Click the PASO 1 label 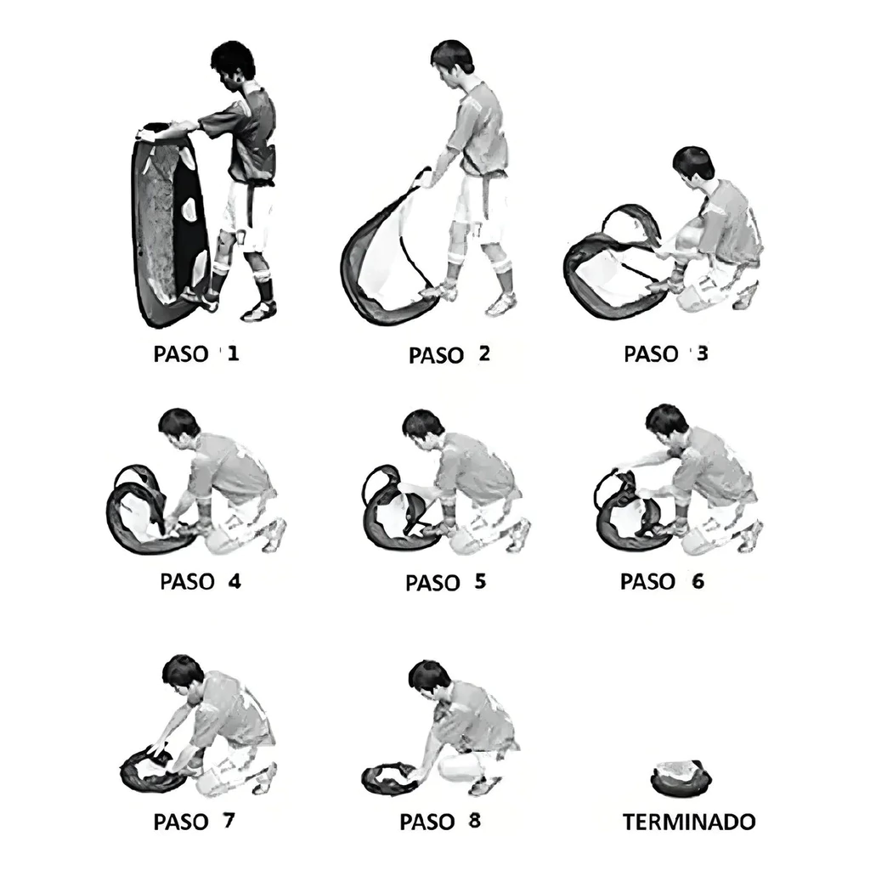pyautogui.click(x=196, y=353)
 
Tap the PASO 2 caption pyautogui.click(x=449, y=354)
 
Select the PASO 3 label pyautogui.click(x=666, y=353)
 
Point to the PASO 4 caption pyautogui.click(x=201, y=581)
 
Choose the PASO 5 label pyautogui.click(x=446, y=582)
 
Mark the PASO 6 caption pyautogui.click(x=663, y=581)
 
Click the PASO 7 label pyautogui.click(x=195, y=822)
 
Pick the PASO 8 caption pyautogui.click(x=441, y=822)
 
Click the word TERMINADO pyautogui.click(x=689, y=822)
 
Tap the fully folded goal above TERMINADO pyautogui.click(x=681, y=778)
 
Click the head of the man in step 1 pyautogui.click(x=233, y=65)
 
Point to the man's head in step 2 pyautogui.click(x=452, y=62)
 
